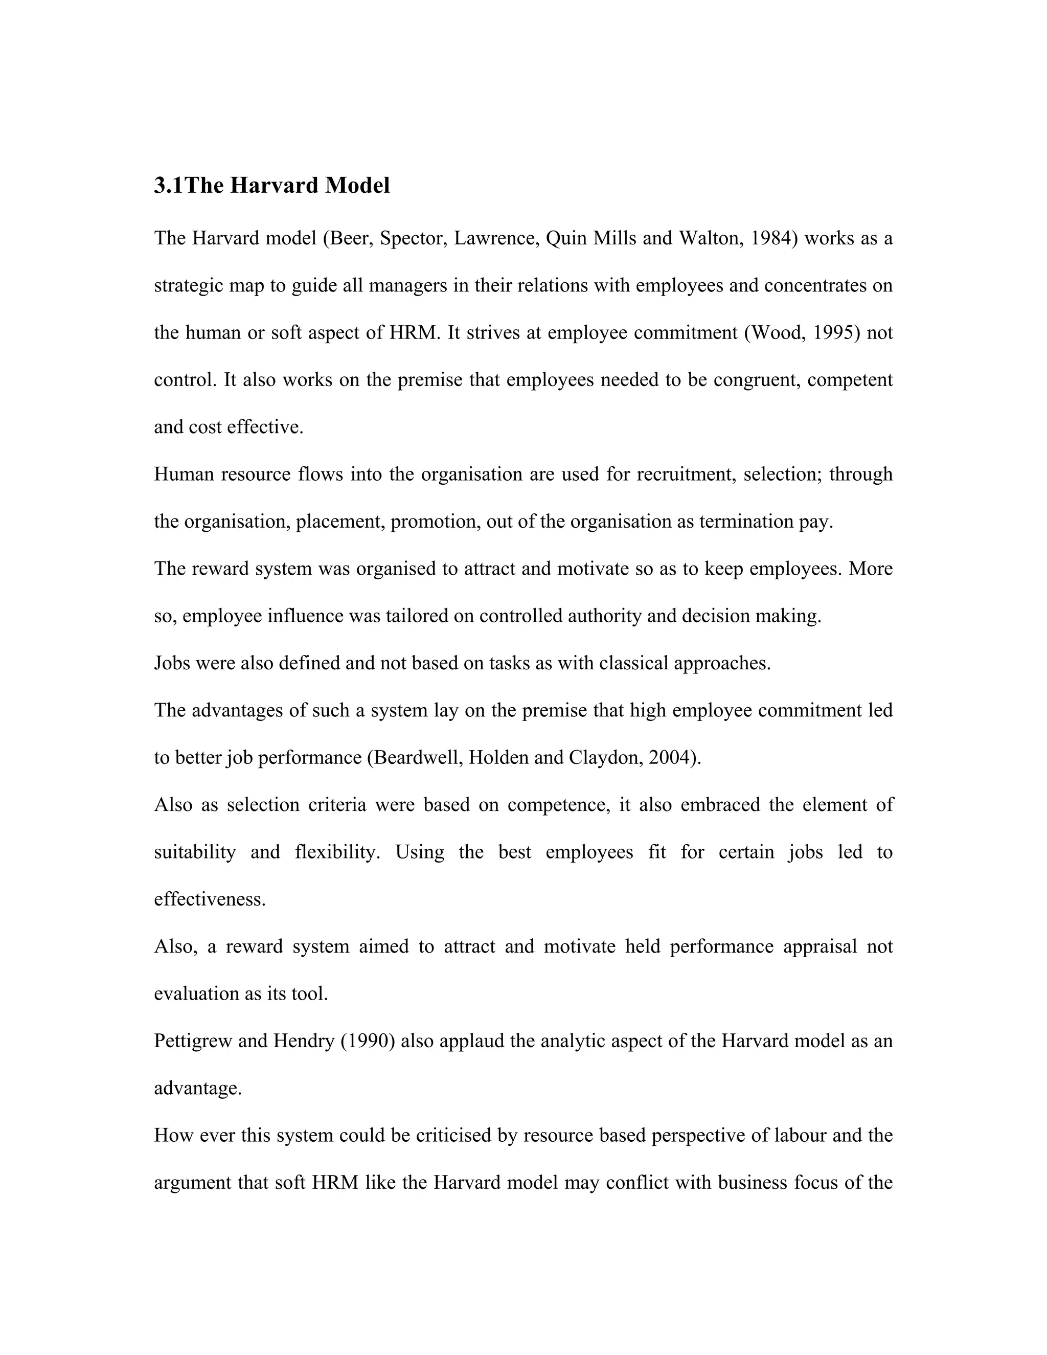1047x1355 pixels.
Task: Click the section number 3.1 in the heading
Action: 168,186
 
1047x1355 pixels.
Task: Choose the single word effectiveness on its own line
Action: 209,899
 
